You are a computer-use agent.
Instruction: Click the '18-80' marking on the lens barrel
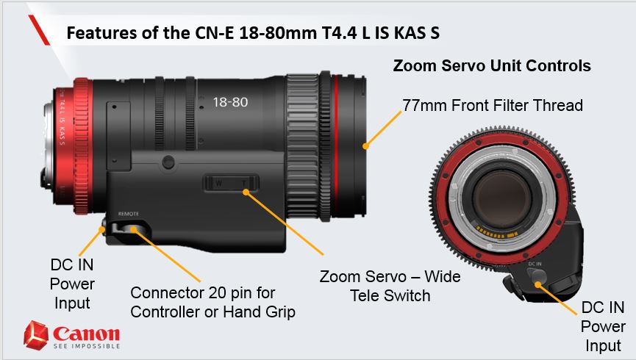[x=230, y=102]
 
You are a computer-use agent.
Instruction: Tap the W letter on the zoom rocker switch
[x=218, y=183]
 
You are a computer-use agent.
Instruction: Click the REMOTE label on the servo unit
[x=128, y=214]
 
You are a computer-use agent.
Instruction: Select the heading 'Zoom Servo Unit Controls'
[x=492, y=65]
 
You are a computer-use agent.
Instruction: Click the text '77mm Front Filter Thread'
[x=493, y=105]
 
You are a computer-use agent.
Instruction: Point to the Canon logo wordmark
[x=87, y=334]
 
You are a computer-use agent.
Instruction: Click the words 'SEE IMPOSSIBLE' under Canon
[x=87, y=346]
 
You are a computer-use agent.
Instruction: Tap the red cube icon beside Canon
[x=36, y=335]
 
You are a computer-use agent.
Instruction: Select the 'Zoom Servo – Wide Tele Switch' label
[x=390, y=286]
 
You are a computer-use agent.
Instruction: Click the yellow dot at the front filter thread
[x=365, y=146]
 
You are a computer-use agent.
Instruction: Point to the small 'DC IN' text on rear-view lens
[x=535, y=264]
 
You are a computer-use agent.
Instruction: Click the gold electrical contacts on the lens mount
[x=497, y=233]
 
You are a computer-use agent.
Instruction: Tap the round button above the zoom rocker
[x=168, y=162]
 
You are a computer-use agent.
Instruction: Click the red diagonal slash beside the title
[x=39, y=30]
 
